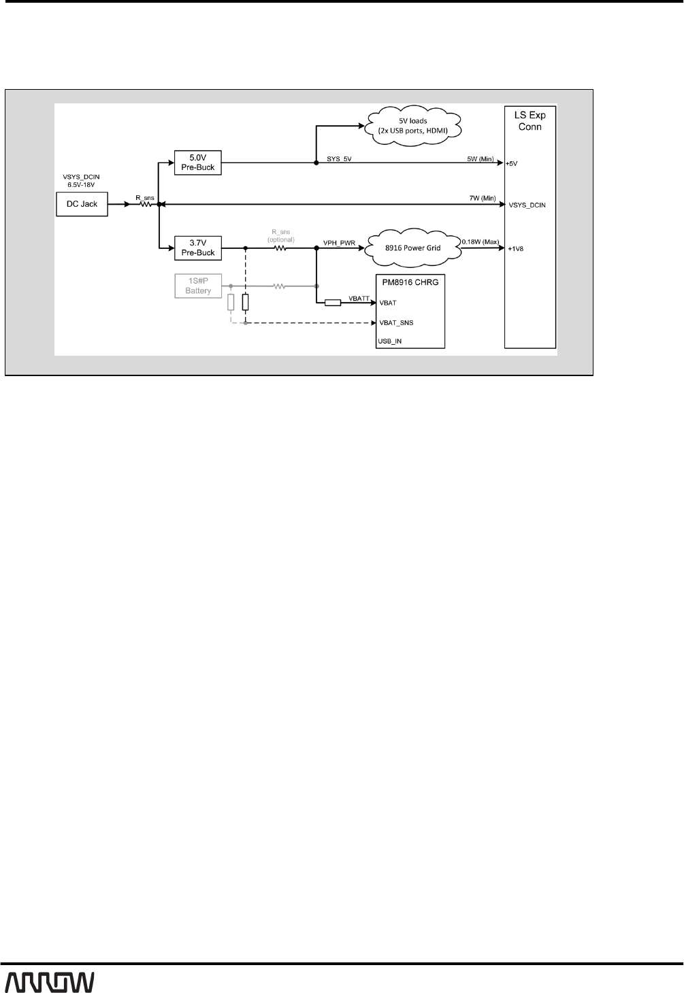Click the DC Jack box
point(82,204)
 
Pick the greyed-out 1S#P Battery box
point(198,286)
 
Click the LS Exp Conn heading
point(530,121)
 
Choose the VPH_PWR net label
point(339,243)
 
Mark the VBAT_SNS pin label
point(396,323)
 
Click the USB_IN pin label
point(390,341)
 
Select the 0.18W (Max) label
point(481,241)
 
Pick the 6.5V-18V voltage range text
point(82,184)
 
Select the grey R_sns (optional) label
point(280,235)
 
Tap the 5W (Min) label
point(480,158)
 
